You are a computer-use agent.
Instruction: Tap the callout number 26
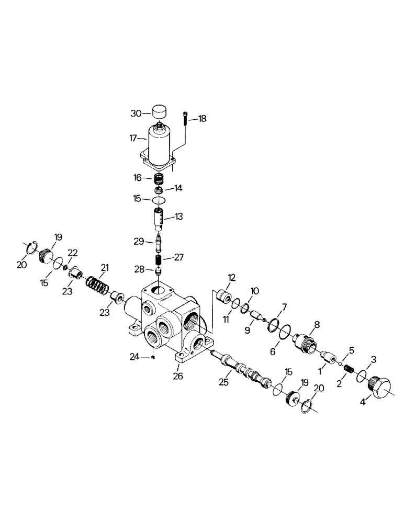(178, 375)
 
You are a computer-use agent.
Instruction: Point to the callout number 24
(134, 357)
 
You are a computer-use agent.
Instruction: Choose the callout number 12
(231, 277)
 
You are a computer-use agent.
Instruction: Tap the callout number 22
(73, 253)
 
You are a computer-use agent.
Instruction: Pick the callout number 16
(138, 178)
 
